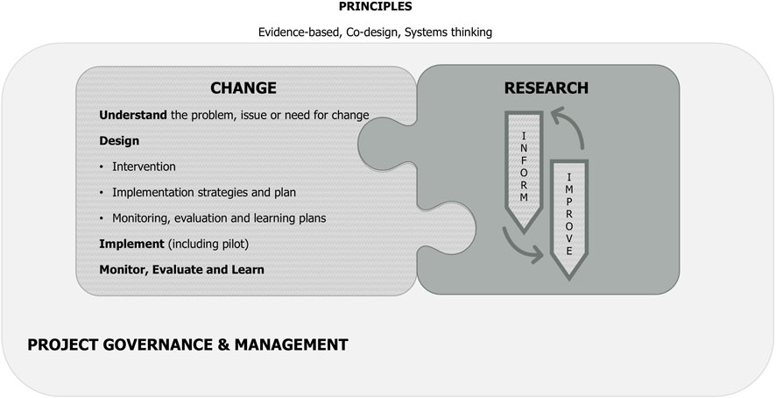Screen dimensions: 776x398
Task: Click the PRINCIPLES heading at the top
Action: click(x=375, y=7)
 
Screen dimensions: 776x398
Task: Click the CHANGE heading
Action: click(x=243, y=88)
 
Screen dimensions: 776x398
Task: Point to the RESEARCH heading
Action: click(x=547, y=88)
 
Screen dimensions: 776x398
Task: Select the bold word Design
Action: click(x=119, y=140)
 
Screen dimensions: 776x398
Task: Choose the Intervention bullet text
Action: click(x=144, y=166)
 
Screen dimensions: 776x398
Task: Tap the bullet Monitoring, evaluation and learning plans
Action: click(x=219, y=217)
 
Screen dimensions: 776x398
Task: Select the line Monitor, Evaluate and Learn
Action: click(x=182, y=269)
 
